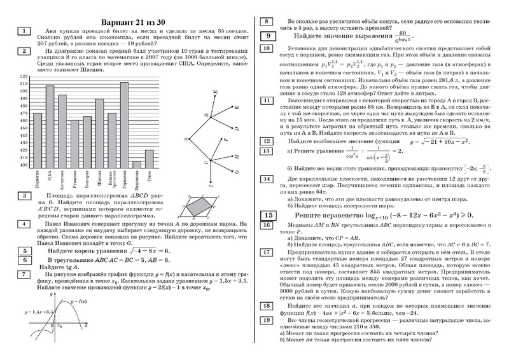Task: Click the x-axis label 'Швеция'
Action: [99, 176]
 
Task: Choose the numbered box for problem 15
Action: [268, 216]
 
